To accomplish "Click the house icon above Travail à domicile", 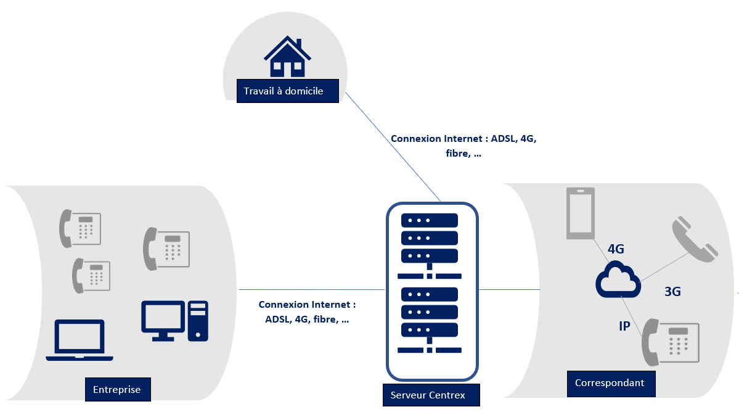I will point(287,57).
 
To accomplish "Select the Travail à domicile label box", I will point(288,91).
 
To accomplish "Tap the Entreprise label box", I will point(117,390).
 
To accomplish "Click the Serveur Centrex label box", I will point(428,395).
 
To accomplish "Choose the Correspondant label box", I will point(610,383).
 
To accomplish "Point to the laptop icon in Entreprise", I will point(80,340).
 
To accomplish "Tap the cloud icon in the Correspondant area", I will point(617,280).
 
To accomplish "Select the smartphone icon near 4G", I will point(581,213).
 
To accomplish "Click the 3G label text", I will point(672,292).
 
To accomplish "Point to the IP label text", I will point(624,326).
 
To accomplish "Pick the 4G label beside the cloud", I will point(616,249).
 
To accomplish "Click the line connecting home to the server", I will point(392,146).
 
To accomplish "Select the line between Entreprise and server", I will point(311,290).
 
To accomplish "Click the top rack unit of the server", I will point(430,220).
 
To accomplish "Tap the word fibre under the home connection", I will point(458,154).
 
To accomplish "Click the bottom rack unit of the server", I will point(430,330).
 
